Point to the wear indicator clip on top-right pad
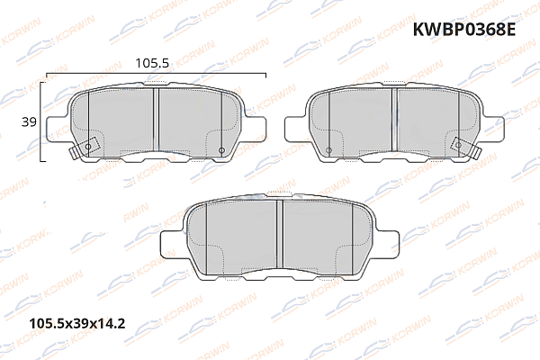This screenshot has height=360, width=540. click(x=465, y=146)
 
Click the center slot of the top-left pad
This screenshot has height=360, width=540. click(x=156, y=121)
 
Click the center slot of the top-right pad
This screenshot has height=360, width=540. click(x=395, y=121)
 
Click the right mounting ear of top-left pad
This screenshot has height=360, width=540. click(x=256, y=128)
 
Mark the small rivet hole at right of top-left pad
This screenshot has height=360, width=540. click(x=221, y=148)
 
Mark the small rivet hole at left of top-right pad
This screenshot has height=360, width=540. click(x=330, y=148)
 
